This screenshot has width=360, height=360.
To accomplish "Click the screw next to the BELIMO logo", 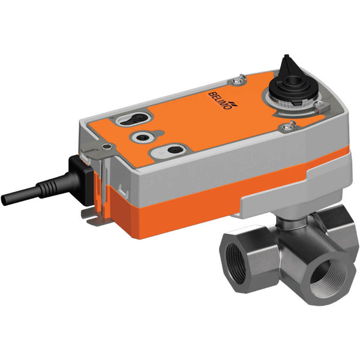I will coord(239,77).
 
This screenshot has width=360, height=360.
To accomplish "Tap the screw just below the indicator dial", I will coord(292,125).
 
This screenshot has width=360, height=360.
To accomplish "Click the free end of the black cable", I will coord(7,200).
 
